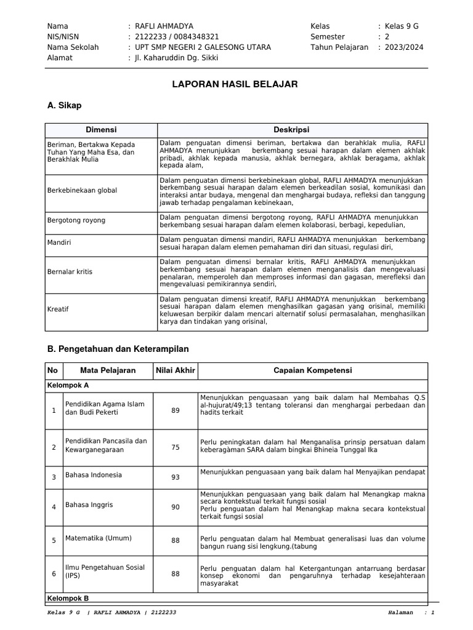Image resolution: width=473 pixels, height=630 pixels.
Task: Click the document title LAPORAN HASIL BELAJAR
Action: coord(237,84)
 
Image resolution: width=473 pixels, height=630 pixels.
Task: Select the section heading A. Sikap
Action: coord(64,106)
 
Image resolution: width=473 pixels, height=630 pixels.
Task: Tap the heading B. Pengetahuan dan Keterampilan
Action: coord(118,349)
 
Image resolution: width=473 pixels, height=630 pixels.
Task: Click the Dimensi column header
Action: coord(101,130)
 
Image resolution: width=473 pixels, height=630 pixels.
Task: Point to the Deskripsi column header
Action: coord(291,130)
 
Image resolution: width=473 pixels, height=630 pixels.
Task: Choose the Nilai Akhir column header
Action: coord(175,370)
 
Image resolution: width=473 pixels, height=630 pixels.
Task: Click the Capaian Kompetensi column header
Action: coord(312,370)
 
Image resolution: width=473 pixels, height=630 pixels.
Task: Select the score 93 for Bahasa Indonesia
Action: coord(176,477)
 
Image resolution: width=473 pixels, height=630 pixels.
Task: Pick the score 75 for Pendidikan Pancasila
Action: coord(176,447)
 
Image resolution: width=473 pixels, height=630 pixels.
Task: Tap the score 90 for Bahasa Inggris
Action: coord(176,507)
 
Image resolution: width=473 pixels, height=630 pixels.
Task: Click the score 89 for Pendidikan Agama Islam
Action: coord(176,410)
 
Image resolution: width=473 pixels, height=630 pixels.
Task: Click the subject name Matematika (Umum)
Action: coord(99,538)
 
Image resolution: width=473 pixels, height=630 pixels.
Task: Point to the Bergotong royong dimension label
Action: coord(76,220)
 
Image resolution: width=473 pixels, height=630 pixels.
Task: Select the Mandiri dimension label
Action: coord(59,242)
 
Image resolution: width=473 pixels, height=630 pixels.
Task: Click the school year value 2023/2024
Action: coord(404,47)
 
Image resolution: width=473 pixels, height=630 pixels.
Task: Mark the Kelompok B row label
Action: coord(68,597)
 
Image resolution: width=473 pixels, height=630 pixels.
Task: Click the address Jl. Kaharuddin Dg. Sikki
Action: coord(176,58)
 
